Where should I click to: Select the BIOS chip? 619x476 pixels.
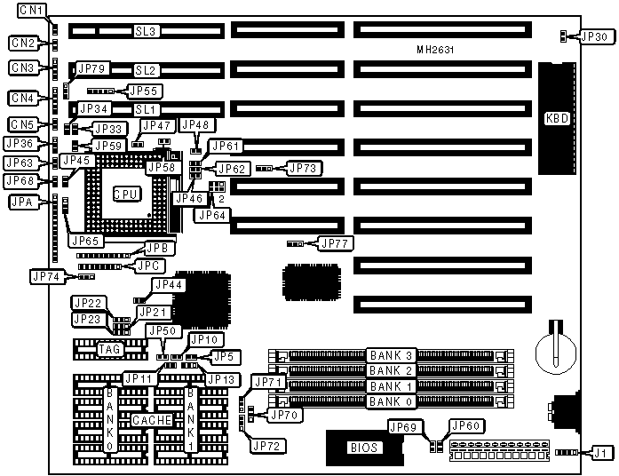tap(364, 447)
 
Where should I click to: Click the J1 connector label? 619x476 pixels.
tap(601, 453)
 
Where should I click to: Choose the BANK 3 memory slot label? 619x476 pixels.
tap(392, 355)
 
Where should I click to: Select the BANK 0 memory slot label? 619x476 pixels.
tap(392, 401)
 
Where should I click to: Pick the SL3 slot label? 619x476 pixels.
tap(146, 32)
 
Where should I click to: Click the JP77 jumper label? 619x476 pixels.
tap(335, 242)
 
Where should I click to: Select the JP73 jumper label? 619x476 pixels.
tap(305, 167)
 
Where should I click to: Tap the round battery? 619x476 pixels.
tap(553, 345)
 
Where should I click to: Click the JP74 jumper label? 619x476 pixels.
tap(47, 276)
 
